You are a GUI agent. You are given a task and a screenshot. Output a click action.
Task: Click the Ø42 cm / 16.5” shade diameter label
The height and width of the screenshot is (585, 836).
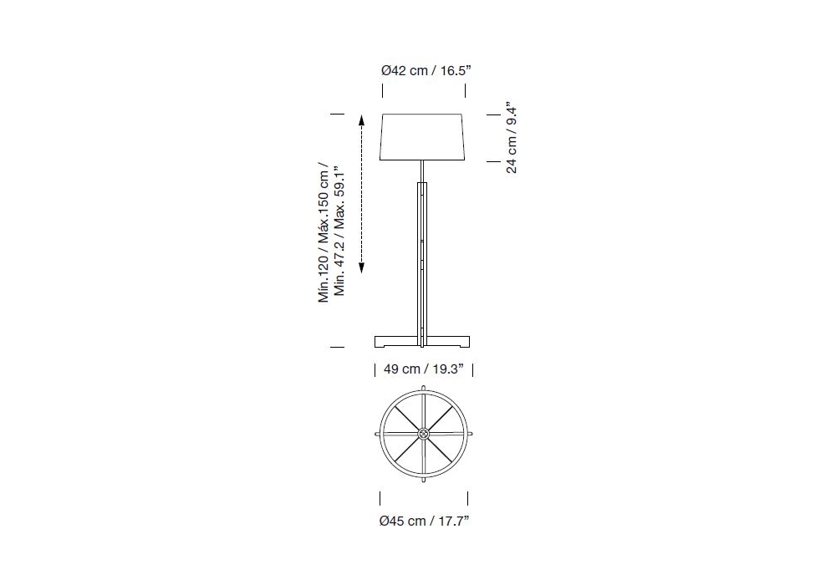pyautogui.click(x=426, y=70)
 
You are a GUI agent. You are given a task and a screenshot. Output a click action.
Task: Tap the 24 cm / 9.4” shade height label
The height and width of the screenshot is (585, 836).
pyautogui.click(x=512, y=137)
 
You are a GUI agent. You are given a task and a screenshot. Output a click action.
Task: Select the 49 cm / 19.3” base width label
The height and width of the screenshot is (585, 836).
pyautogui.click(x=424, y=369)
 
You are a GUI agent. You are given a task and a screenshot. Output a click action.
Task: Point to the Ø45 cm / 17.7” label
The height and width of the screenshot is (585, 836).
pyautogui.click(x=425, y=521)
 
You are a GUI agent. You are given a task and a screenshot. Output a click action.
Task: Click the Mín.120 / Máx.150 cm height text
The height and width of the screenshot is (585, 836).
pyautogui.click(x=324, y=232)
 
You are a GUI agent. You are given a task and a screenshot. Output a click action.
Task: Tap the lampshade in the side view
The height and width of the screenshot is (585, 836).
pyautogui.click(x=423, y=136)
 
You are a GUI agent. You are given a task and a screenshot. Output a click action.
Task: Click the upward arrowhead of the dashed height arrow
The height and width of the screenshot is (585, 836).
pyautogui.click(x=361, y=120)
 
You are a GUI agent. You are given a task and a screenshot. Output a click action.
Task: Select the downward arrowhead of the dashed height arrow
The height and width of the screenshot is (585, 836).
pyautogui.click(x=361, y=268)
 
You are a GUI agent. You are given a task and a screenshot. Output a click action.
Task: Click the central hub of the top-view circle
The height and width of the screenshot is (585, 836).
pyautogui.click(x=423, y=435)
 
